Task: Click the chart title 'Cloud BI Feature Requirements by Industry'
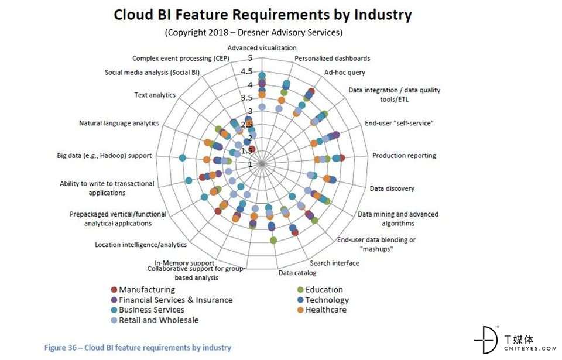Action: click(262, 14)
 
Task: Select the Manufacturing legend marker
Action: click(114, 290)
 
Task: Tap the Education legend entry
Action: click(324, 290)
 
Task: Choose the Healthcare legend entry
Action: click(325, 310)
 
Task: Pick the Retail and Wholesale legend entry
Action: click(159, 320)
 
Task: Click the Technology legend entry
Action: click(327, 300)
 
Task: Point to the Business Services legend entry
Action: click(151, 310)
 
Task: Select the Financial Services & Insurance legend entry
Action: click(175, 300)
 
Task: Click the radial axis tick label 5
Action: click(250, 58)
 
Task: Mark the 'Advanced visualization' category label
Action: click(262, 48)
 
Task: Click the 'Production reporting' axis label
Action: click(404, 156)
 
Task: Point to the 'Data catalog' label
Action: click(297, 273)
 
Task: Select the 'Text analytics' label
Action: click(155, 95)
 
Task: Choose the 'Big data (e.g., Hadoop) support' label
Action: click(104, 156)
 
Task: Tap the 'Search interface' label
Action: click(334, 263)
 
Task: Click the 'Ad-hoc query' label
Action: click(345, 73)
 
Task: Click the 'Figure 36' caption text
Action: click(138, 348)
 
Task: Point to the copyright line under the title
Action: click(253, 32)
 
